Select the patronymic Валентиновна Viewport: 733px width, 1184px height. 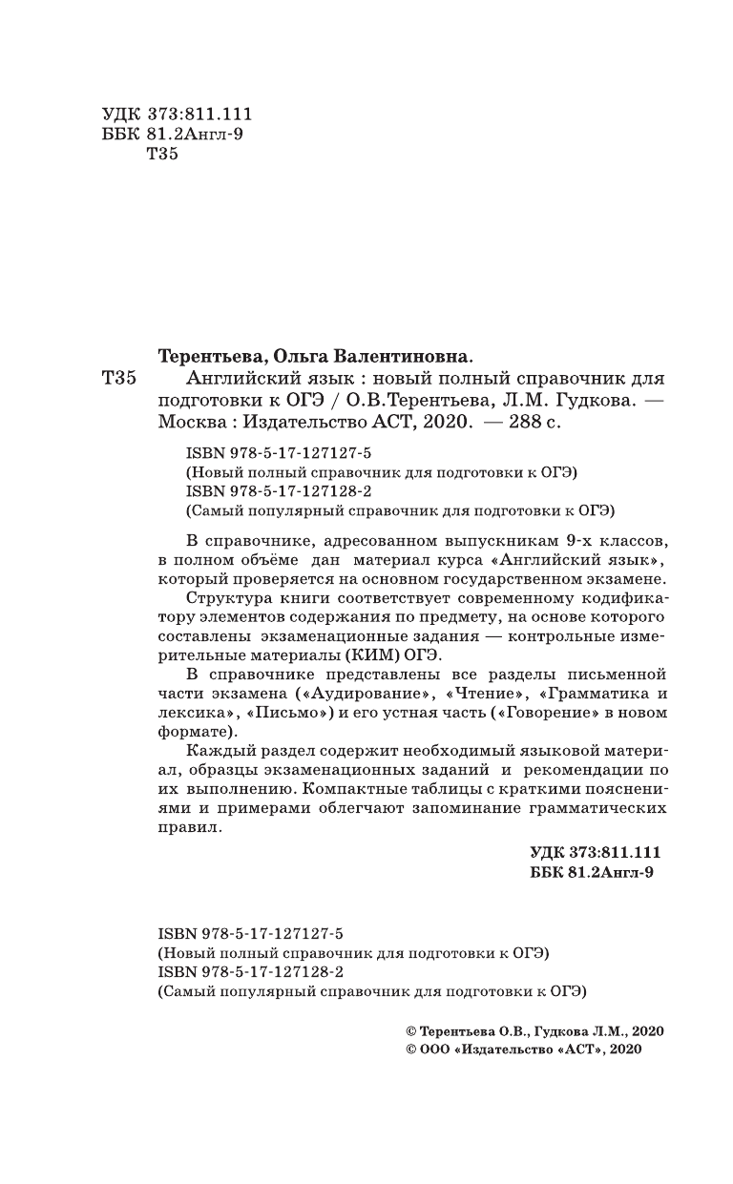coord(395,356)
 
